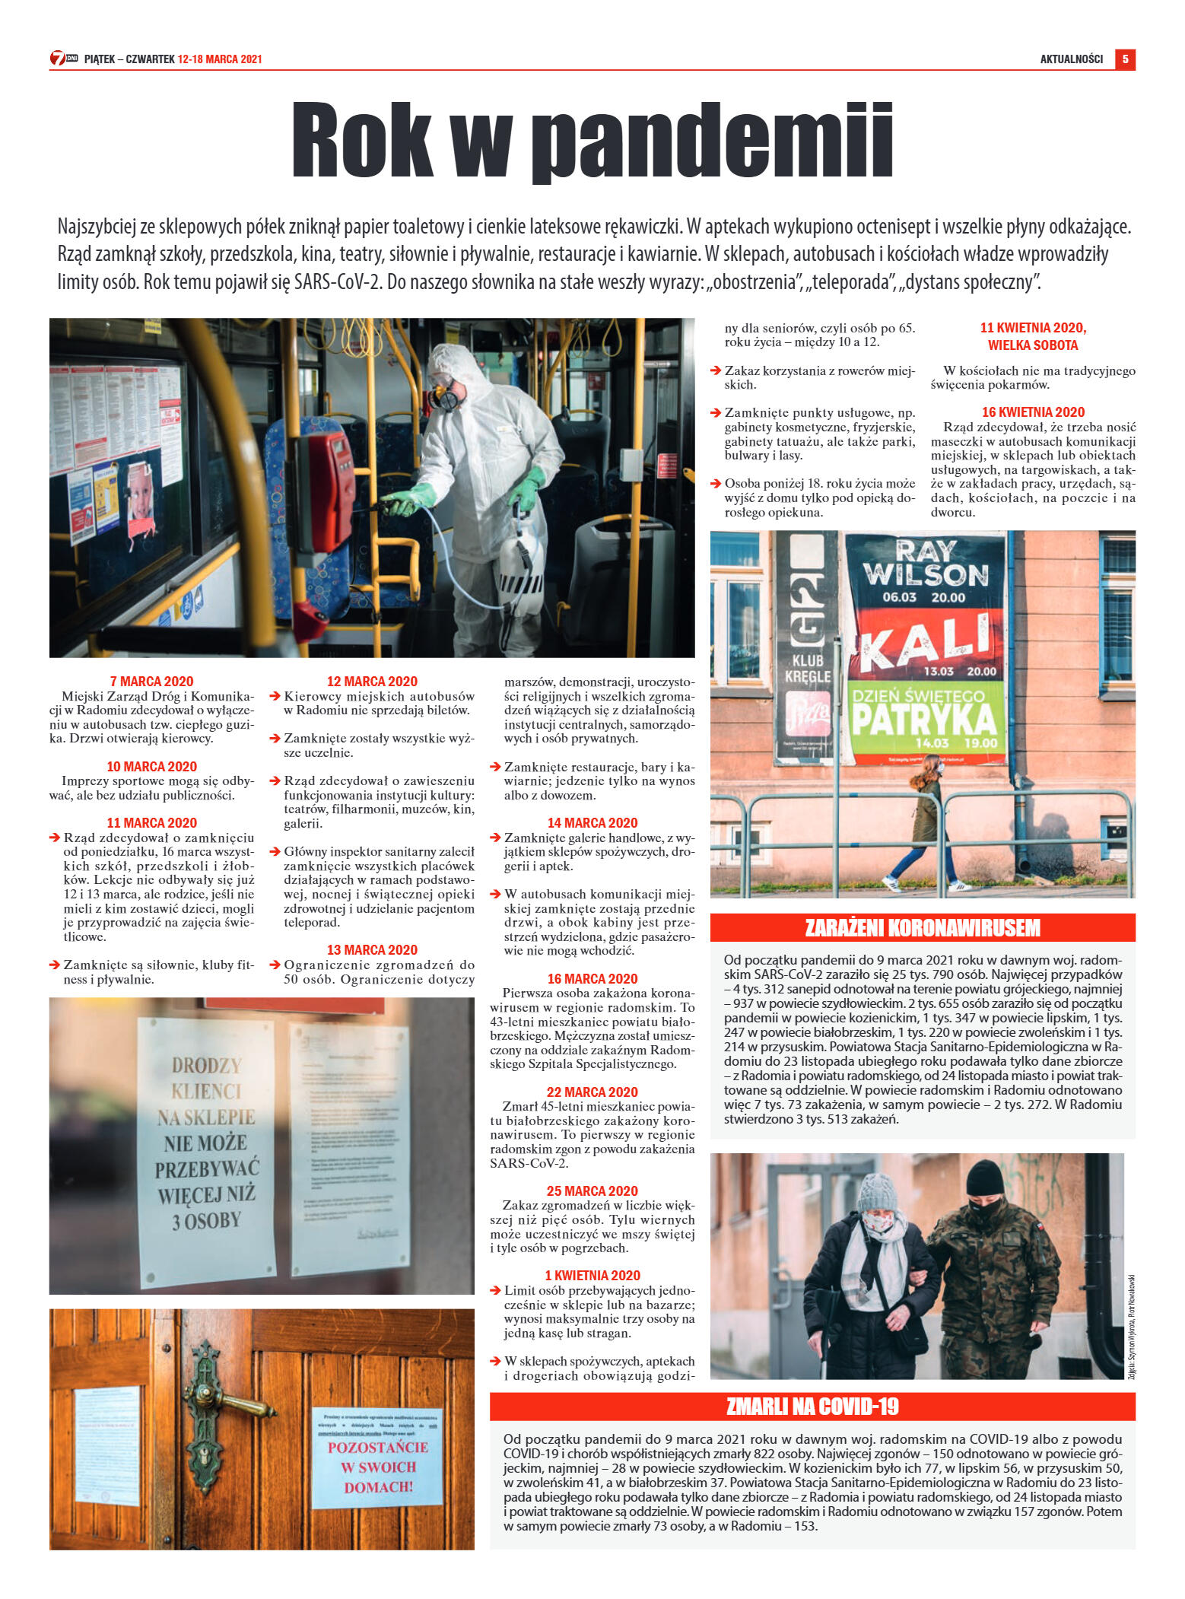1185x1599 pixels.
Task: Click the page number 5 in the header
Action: tap(1124, 59)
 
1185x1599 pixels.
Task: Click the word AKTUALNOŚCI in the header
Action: tap(1071, 59)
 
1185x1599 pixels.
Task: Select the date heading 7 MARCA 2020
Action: tap(151, 681)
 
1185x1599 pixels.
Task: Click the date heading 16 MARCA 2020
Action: tap(592, 978)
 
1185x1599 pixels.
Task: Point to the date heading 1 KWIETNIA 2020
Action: tap(592, 1275)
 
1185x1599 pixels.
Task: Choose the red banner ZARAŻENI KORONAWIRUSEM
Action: tap(922, 927)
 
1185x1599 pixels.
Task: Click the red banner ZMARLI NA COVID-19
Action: tap(812, 1407)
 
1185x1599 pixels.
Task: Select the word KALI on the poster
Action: tap(926, 640)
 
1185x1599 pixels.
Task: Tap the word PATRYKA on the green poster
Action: tap(923, 718)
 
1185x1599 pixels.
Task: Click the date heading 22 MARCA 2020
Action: tap(592, 1092)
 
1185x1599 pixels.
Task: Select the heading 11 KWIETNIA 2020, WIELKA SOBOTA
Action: tap(1032, 336)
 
